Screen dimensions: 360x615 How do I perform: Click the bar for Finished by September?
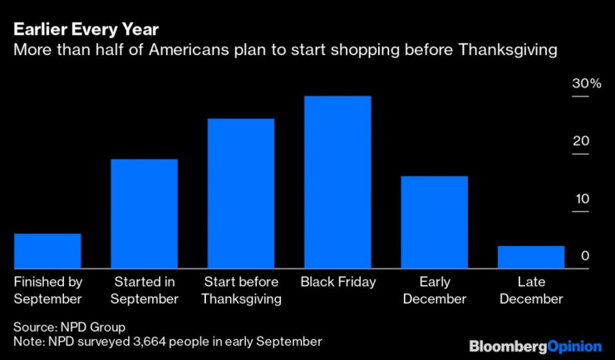47,250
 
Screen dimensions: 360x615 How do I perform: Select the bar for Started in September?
145,213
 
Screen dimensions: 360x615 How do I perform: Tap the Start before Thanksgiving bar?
241,193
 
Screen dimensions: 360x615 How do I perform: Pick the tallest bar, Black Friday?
337,181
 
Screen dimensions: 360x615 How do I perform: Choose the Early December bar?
434,222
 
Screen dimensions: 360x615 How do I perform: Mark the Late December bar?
530,257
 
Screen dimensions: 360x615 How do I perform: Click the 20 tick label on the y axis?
579,141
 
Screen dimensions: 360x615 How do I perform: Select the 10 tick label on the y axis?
579,199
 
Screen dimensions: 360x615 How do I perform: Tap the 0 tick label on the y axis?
584,256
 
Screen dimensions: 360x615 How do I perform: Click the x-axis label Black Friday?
337,283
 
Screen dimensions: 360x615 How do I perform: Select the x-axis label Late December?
530,291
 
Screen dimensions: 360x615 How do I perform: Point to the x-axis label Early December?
434,291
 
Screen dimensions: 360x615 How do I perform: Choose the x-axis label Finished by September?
47,291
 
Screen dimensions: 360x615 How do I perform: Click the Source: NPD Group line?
69,327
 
